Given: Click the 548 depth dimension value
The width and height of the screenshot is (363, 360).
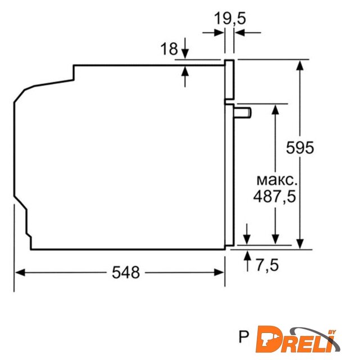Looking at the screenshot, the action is point(126,272).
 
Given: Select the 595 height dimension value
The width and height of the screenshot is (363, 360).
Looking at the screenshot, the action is point(300,148).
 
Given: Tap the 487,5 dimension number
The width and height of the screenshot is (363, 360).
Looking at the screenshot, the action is point(275,197).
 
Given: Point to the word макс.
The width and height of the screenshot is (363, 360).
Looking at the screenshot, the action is point(277,181).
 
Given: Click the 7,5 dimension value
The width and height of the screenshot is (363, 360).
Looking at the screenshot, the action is point(267,265).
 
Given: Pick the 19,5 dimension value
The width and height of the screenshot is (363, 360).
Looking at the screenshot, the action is point(230,19).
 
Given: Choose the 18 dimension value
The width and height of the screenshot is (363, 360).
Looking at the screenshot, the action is point(169,49).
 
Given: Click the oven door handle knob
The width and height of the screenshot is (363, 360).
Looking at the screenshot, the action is point(243,113).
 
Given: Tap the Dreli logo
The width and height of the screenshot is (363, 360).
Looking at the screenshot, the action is point(298,340).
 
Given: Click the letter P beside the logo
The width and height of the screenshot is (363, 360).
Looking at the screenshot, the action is point(243,337).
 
